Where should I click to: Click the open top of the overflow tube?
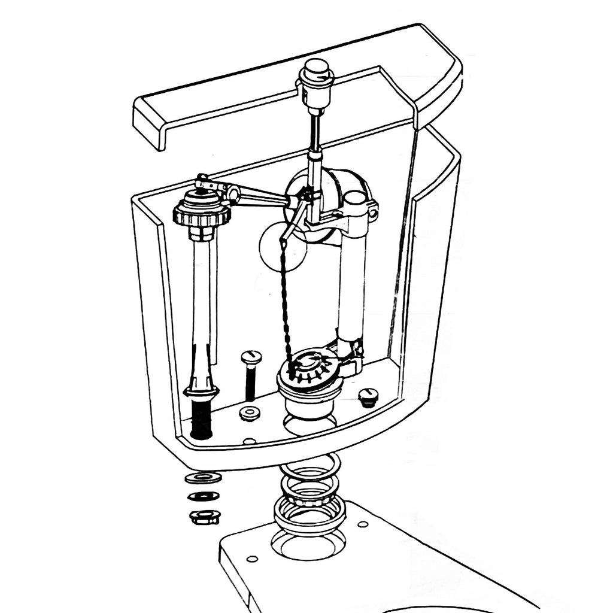tap(356, 201)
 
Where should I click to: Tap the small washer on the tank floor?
tap(249, 413)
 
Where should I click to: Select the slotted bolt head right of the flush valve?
tap(368, 395)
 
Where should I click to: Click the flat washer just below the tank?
tap(203, 477)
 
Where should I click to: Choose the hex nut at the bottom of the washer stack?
tap(205, 516)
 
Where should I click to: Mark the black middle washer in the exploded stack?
tap(204, 496)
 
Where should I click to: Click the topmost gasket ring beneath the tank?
tap(309, 466)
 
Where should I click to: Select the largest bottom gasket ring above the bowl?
tap(309, 516)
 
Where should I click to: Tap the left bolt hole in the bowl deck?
tap(252, 559)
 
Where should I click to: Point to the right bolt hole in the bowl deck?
tap(363, 524)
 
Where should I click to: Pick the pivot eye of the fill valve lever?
tap(232, 193)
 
